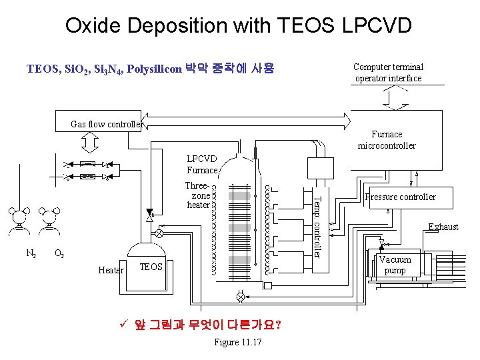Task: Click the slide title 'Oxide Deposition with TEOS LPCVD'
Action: click(238, 26)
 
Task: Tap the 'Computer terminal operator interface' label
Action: click(388, 73)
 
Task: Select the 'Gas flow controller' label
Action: click(107, 124)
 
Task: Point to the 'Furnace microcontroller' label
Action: click(387, 140)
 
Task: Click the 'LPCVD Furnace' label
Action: click(202, 165)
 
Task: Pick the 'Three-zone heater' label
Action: click(198, 196)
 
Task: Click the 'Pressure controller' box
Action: click(400, 197)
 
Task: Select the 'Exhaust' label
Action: click(443, 227)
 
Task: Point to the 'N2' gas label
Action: click(31, 253)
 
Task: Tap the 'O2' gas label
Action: click(59, 253)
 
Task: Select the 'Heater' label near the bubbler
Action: click(110, 270)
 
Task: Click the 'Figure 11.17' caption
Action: click(237, 342)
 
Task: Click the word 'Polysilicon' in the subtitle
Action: click(153, 69)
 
